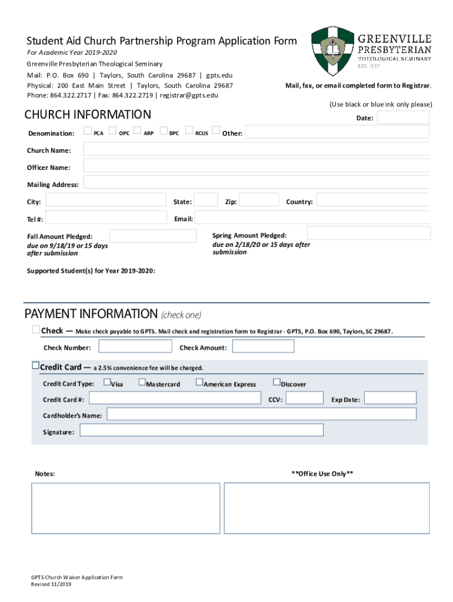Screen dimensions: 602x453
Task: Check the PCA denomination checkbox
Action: [x=87, y=131]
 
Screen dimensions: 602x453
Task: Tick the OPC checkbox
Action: [x=112, y=131]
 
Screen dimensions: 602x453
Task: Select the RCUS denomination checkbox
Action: [x=189, y=131]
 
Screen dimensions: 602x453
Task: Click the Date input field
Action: [x=403, y=118]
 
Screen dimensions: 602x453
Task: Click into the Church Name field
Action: [x=256, y=150]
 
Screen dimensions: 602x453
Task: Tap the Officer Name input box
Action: [x=256, y=167]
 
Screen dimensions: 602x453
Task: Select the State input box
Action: [x=206, y=200]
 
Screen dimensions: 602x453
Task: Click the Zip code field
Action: [x=259, y=200]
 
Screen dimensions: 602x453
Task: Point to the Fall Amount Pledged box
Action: [x=153, y=236]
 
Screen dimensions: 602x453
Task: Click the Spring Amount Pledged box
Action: [x=368, y=233]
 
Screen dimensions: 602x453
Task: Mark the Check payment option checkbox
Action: [x=36, y=330]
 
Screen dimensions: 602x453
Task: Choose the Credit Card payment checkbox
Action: [x=35, y=367]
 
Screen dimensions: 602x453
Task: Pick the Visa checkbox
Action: [x=106, y=383]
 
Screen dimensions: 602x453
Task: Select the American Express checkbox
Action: [x=199, y=383]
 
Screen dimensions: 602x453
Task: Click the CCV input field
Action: [x=304, y=398]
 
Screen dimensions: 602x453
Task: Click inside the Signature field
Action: [x=201, y=430]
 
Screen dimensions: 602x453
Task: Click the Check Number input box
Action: [x=135, y=346]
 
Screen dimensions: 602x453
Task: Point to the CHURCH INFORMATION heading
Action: [x=88, y=115]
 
